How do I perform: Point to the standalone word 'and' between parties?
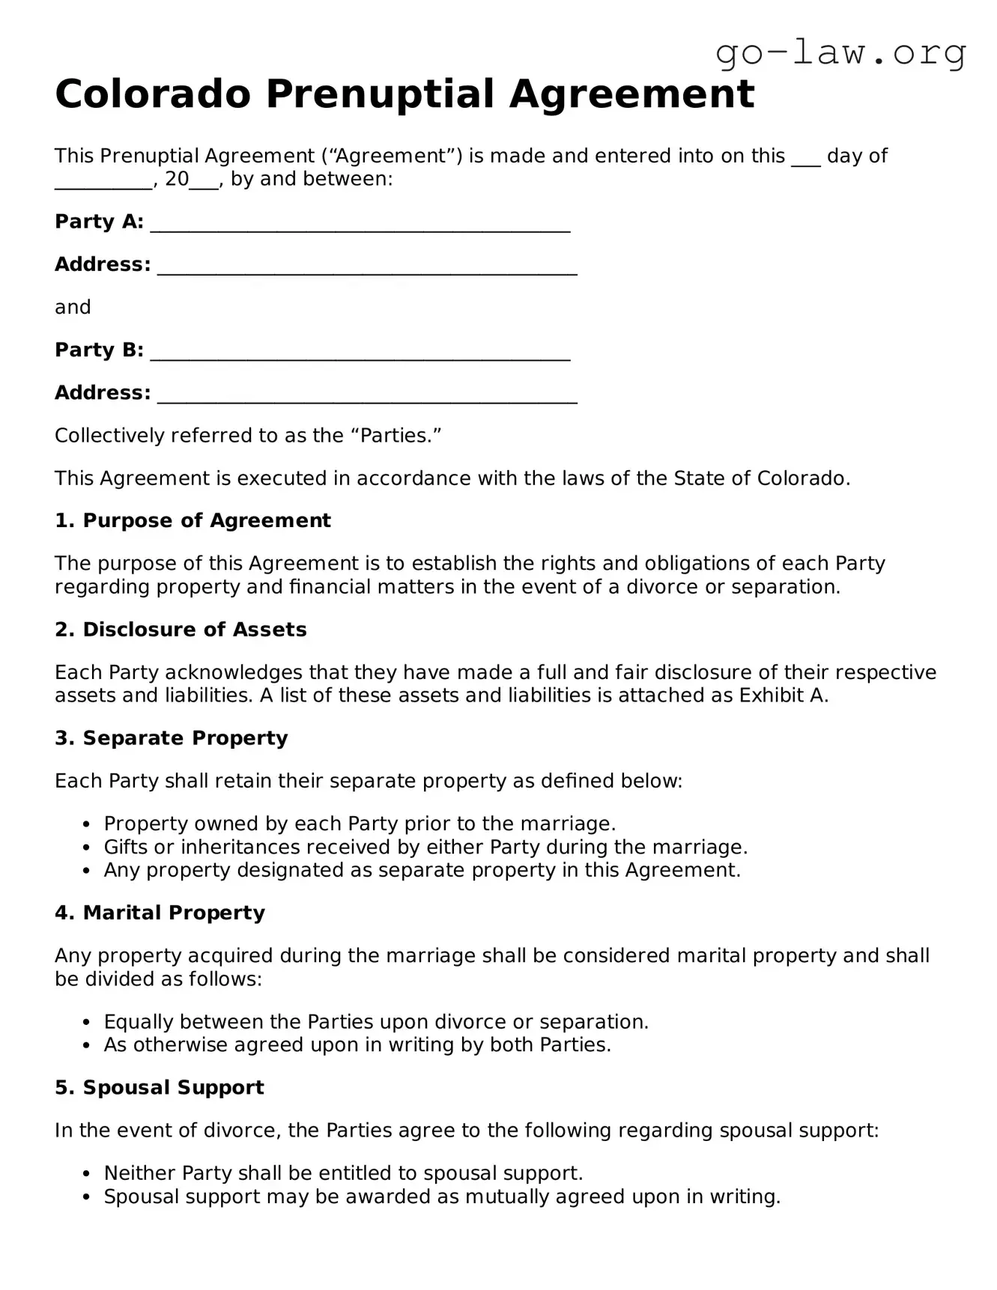[73, 307]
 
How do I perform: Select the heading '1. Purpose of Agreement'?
[193, 520]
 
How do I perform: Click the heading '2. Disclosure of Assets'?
[181, 630]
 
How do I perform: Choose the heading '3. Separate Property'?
[171, 738]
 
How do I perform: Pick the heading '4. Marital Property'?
[160, 913]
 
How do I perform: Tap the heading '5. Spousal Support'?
[159, 1087]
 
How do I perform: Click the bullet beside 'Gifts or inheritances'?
[88, 848]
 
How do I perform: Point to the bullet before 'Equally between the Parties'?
[88, 1023]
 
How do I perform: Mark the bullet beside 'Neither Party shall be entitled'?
[88, 1174]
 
